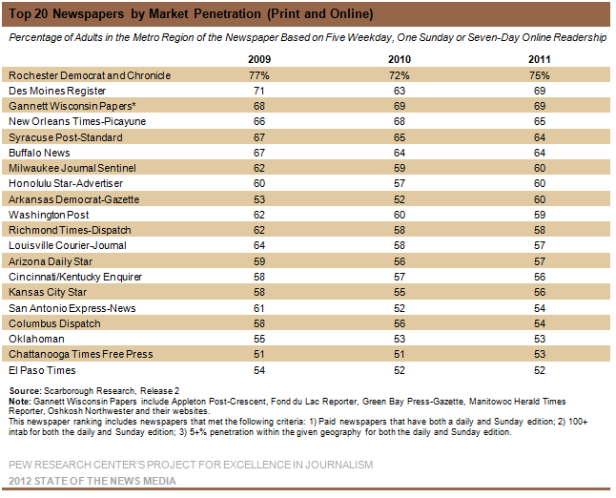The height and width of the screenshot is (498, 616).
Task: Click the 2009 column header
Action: (259, 59)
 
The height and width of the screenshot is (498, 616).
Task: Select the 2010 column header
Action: (400, 59)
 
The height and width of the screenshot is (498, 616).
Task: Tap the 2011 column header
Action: (540, 59)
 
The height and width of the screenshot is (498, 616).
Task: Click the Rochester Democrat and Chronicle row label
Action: (90, 75)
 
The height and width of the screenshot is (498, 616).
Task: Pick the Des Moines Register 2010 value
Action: (400, 91)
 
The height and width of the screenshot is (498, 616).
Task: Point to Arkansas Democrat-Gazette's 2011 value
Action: (540, 199)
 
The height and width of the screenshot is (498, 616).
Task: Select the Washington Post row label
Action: (49, 215)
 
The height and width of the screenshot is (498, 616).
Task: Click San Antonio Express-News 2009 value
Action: (259, 308)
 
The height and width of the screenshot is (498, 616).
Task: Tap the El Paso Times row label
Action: (42, 370)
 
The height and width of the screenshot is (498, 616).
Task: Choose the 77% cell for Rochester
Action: (259, 75)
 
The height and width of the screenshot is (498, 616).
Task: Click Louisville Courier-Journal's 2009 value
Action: (259, 245)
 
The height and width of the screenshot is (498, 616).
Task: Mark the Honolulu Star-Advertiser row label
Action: (66, 183)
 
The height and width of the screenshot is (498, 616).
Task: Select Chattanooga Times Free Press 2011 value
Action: (540, 355)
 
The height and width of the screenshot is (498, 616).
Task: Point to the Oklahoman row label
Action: (36, 339)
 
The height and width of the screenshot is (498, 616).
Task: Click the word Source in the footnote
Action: (25, 391)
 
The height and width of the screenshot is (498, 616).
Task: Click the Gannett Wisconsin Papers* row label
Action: (72, 106)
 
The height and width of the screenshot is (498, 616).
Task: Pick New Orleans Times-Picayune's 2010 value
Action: (400, 121)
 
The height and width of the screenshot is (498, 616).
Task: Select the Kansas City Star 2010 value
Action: (400, 293)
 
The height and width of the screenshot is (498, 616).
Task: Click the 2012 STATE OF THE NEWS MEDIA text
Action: (92, 481)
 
